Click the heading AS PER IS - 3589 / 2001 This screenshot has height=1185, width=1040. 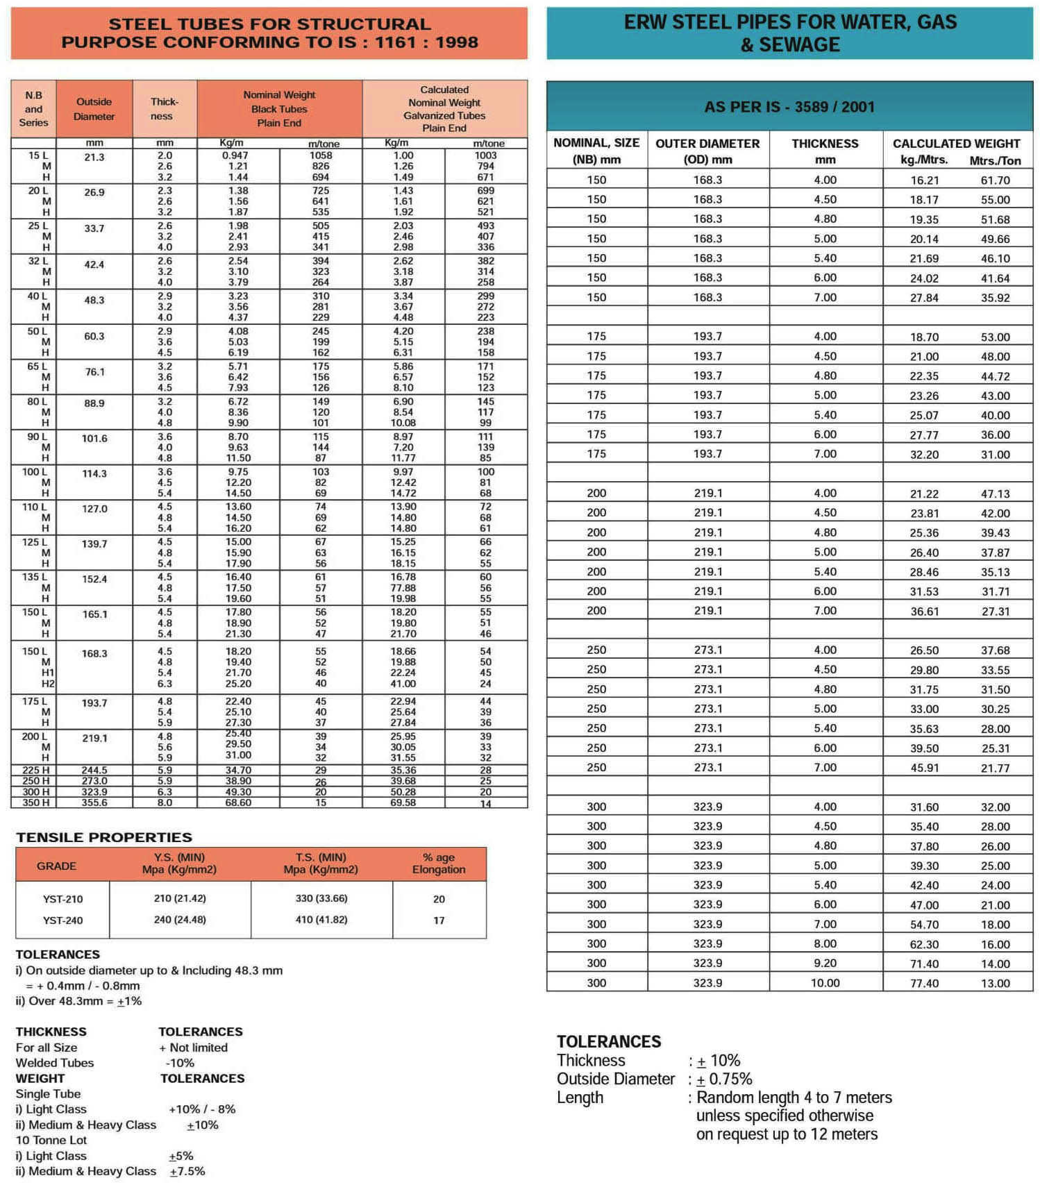[x=789, y=107]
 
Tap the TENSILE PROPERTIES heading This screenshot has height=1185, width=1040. [x=104, y=837]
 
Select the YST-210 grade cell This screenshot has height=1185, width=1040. [x=62, y=899]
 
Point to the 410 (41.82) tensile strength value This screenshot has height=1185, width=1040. [x=321, y=920]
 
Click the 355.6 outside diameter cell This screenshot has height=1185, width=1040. [x=94, y=802]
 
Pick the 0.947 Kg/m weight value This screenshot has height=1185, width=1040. [x=235, y=156]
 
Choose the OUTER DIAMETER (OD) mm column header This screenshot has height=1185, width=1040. [x=707, y=151]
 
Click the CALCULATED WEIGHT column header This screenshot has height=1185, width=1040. [x=956, y=144]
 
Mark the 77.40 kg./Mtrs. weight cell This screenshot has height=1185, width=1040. [x=924, y=983]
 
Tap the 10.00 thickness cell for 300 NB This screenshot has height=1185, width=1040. [x=825, y=983]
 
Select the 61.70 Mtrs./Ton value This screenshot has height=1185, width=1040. [x=995, y=180]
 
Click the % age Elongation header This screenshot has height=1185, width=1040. [x=439, y=864]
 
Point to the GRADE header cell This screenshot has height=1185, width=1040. [x=57, y=866]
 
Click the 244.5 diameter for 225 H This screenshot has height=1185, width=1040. [x=94, y=770]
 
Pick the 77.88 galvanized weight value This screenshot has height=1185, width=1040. [x=403, y=588]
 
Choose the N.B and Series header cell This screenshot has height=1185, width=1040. [x=33, y=109]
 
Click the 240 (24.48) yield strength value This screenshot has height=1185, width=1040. [x=180, y=920]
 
